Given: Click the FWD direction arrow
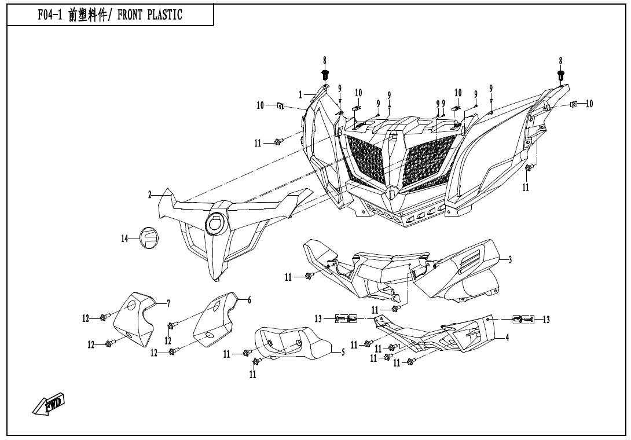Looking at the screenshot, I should [x=48, y=404].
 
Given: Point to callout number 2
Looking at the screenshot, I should [x=149, y=195].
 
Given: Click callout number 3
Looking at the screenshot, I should [x=510, y=260].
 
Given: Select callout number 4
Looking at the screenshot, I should [x=507, y=338].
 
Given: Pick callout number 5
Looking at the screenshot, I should [x=343, y=352].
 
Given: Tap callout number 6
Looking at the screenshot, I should [x=250, y=300].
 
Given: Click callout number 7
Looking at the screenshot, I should [x=168, y=303].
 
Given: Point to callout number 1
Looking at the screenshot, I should [x=301, y=94].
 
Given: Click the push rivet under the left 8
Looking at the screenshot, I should [x=325, y=74].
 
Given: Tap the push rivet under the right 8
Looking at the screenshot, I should [x=560, y=75].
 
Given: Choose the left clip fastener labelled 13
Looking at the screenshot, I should [x=347, y=318].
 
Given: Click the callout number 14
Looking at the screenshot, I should [x=125, y=238].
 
